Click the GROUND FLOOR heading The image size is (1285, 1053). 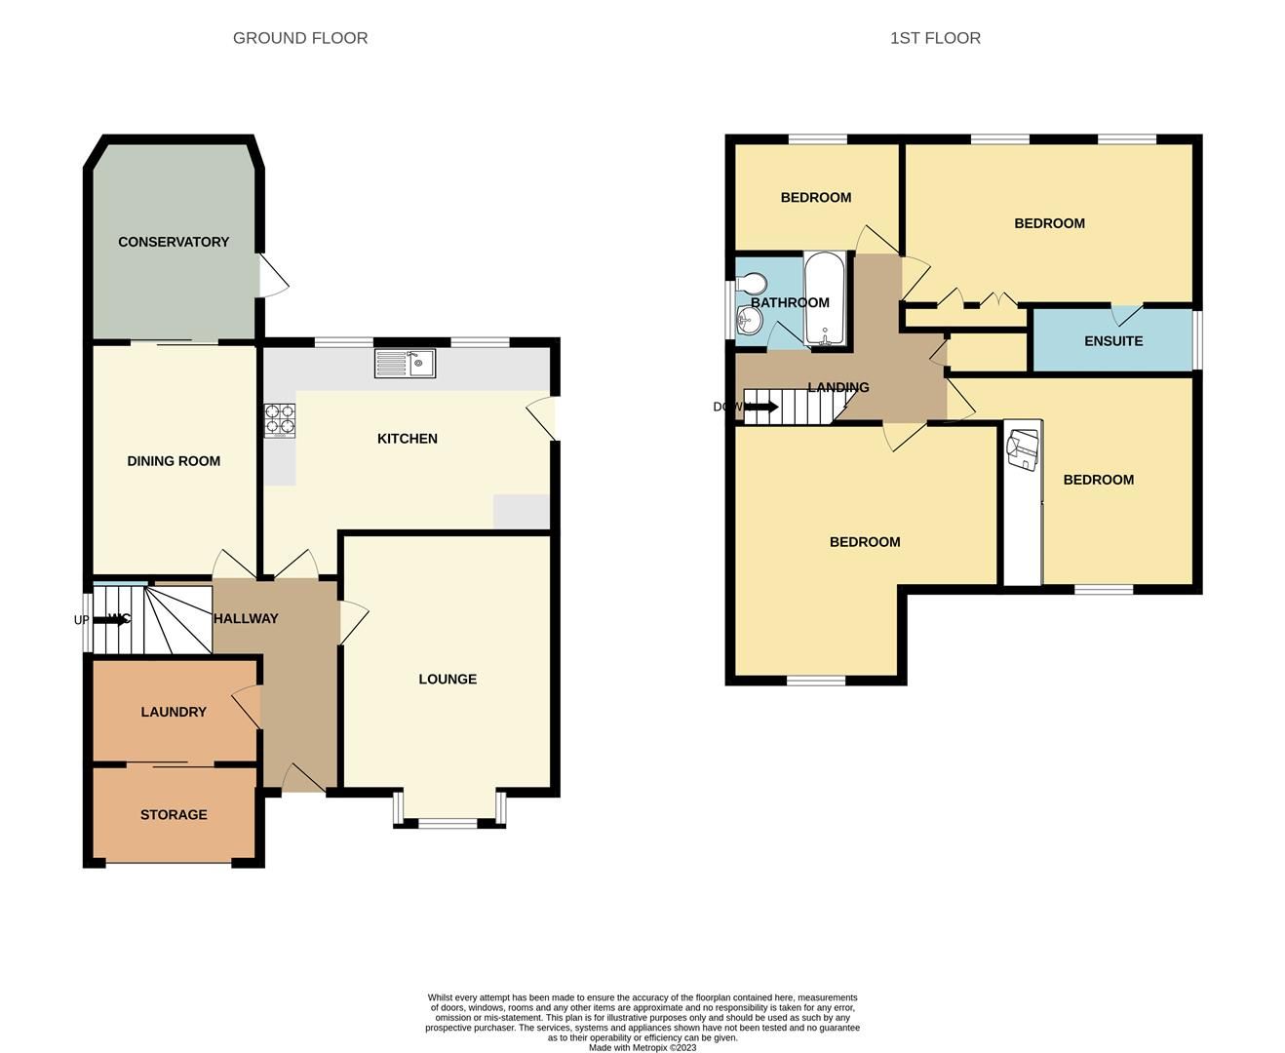pos(300,38)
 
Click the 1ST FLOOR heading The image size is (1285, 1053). pos(935,38)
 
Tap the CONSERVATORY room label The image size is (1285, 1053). pos(174,242)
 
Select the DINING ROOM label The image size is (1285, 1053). pos(174,461)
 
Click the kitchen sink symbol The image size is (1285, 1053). pos(406,364)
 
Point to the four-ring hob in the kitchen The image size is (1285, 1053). pos(279,420)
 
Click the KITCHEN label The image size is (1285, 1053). pos(408,439)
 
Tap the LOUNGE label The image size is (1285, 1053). pos(448,680)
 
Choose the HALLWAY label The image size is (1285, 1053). pos(246,618)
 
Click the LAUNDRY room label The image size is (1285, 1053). pos(174,712)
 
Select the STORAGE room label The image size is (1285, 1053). pos(174,815)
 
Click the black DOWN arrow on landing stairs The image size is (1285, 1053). pos(760,407)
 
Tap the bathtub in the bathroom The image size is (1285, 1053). pos(827,299)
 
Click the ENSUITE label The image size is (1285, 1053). pos(1113,341)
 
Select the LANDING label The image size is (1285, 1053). pos(838,387)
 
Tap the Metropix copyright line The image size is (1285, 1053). pos(642,1048)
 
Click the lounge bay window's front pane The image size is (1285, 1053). pos(448,824)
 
